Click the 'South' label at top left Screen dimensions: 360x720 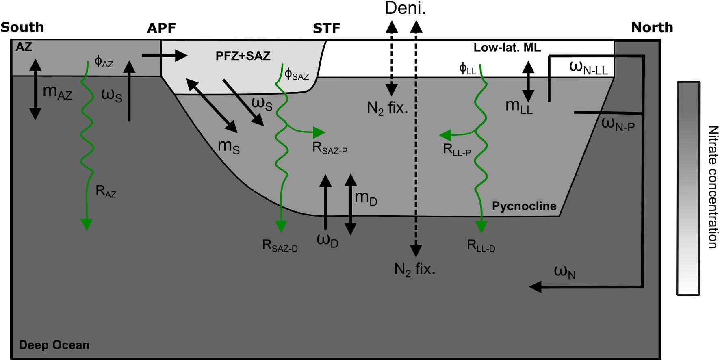point(22,27)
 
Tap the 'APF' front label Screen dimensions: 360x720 point(162,28)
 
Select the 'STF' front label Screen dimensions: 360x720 point(326,28)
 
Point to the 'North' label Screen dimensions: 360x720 point(652,27)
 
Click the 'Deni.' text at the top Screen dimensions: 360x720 point(405,9)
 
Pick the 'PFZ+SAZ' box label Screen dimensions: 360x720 point(243,56)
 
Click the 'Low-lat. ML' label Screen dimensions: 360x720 point(507,48)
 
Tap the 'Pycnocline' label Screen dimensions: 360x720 point(524,206)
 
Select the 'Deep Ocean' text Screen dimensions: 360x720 point(54,345)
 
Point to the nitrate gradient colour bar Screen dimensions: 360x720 point(688,189)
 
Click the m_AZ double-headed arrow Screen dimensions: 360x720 point(35,89)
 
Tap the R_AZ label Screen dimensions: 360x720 point(106,191)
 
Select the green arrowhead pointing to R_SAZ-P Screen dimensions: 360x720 point(319,132)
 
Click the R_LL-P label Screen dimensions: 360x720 point(457,150)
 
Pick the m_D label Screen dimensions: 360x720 point(366,198)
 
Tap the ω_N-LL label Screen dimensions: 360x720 point(588,67)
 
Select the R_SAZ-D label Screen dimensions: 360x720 point(280,246)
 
